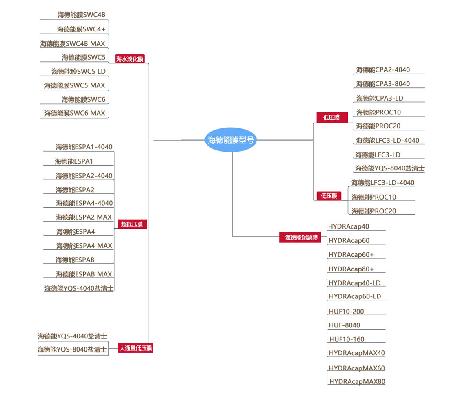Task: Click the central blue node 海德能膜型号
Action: (x=231, y=140)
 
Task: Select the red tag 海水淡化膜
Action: (x=130, y=59)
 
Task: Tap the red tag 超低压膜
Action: (x=131, y=224)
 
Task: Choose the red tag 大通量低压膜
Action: (x=136, y=348)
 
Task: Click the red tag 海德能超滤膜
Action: (x=301, y=238)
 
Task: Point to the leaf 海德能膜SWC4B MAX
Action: (x=73, y=44)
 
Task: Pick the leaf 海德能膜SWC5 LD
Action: (x=78, y=71)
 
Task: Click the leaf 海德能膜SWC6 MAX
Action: (x=75, y=113)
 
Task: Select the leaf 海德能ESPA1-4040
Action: (x=84, y=147)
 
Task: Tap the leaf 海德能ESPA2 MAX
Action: (x=84, y=217)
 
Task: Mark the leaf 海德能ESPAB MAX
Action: (x=84, y=274)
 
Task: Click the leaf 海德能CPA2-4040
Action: (x=383, y=69)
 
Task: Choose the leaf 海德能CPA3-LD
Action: (x=380, y=98)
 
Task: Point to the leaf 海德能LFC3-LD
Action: (x=378, y=155)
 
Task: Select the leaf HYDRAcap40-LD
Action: (x=354, y=283)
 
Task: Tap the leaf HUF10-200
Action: (x=346, y=312)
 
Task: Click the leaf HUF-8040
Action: (x=345, y=325)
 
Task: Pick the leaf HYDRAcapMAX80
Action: (x=357, y=381)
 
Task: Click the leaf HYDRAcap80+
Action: (x=351, y=269)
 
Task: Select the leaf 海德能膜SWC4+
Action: (x=81, y=29)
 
